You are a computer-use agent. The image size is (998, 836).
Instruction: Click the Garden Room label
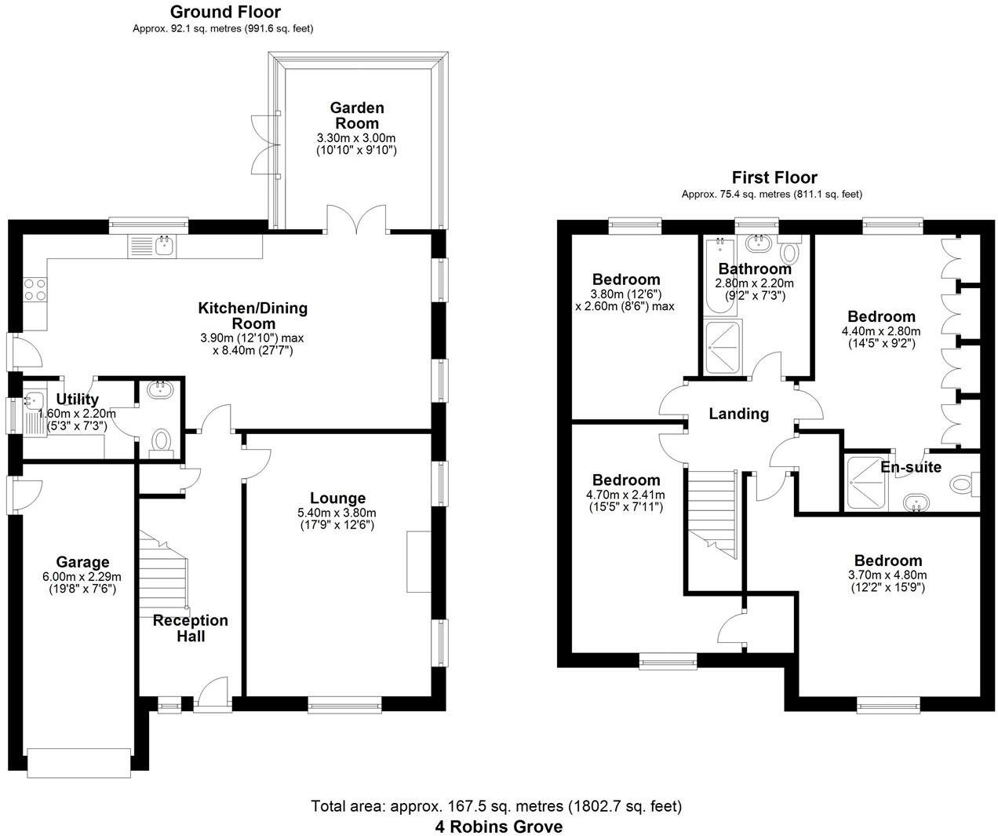coord(357,115)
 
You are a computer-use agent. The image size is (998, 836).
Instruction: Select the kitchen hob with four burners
coord(35,290)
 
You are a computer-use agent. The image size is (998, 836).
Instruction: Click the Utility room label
coord(78,400)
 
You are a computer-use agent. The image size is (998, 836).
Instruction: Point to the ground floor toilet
coord(161,440)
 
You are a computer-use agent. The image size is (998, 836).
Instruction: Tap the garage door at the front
coord(78,762)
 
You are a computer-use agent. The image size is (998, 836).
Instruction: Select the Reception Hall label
coord(190,628)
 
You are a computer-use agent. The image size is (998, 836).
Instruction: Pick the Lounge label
coord(337,498)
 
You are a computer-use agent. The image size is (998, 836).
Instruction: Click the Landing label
coord(738,414)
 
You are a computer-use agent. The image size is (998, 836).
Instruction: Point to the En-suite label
coord(910,467)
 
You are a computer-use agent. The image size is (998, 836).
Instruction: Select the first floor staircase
coord(712,514)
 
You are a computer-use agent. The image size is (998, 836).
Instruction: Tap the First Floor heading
coord(774,177)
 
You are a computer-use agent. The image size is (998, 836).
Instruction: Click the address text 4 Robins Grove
coord(499,827)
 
